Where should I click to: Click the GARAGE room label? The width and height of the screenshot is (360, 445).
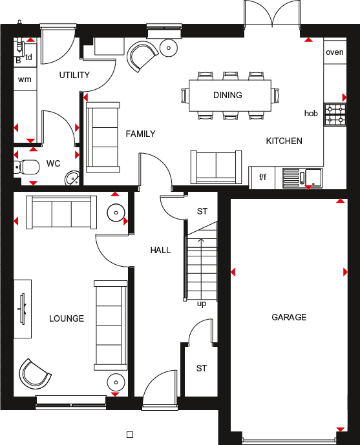(289, 317)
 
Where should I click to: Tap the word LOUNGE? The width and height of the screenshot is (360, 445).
(67, 318)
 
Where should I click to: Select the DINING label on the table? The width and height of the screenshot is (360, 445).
(228, 95)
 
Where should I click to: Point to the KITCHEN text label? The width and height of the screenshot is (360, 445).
(284, 141)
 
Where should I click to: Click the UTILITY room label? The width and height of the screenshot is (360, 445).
(74, 75)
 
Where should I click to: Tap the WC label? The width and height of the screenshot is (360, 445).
(53, 163)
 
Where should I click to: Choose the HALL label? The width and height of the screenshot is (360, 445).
(160, 250)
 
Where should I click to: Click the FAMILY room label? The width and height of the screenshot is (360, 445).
(140, 134)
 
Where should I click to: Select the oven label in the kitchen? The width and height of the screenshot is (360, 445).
(335, 52)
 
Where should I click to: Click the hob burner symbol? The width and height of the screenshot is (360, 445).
(335, 114)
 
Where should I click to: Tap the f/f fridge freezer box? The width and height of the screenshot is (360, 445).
(263, 176)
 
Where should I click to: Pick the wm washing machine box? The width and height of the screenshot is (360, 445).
(25, 79)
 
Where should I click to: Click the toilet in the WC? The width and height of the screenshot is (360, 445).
(26, 167)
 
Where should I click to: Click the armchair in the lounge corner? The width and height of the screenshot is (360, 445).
(34, 373)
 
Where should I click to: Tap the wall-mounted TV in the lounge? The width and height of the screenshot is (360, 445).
(23, 308)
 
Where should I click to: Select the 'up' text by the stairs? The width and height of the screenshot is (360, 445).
(202, 304)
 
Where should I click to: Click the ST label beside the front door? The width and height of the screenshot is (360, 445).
(202, 368)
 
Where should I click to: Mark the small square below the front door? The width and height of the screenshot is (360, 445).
(129, 435)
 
